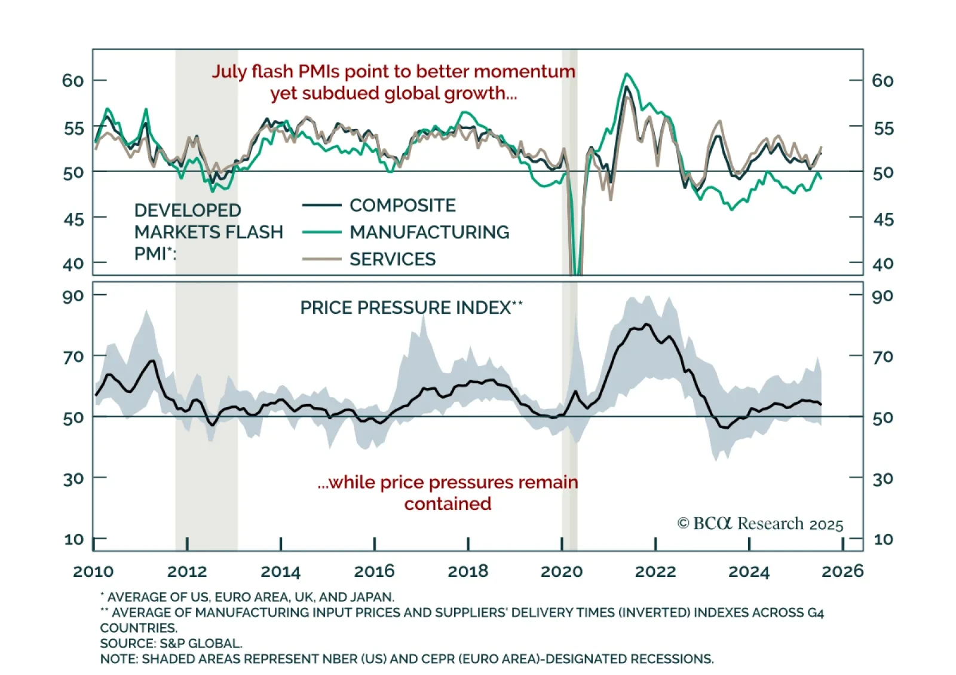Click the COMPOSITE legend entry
402,206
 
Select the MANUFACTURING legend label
429,232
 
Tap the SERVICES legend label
393,259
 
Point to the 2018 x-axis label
468,571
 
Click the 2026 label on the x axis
842,571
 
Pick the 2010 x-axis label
93,571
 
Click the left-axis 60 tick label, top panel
73,81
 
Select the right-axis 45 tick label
883,219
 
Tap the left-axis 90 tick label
73,296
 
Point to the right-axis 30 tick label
883,479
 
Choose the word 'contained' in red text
448,504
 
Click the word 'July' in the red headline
229,72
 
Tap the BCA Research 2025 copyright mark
760,524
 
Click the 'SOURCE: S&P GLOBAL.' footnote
171,643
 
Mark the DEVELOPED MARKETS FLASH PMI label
208,232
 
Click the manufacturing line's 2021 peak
626,74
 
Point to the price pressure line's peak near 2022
646,325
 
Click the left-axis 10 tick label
73,539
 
